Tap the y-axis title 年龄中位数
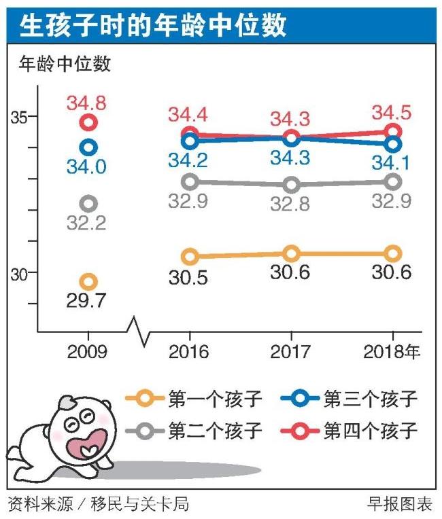coord(64,65)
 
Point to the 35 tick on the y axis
coord(20,117)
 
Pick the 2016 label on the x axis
coord(190,352)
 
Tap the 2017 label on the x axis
coord(291,352)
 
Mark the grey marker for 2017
coord(291,184)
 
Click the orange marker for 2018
coord(392,253)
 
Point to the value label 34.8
coord(86,104)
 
